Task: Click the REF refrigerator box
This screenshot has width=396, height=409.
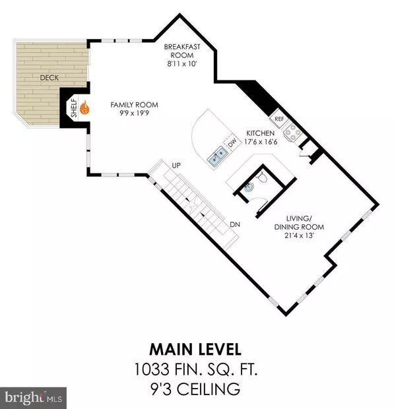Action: (x=279, y=121)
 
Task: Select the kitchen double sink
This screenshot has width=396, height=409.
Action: (x=218, y=157)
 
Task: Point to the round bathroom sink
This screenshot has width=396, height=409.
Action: (x=247, y=187)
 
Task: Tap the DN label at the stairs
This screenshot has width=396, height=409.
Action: (x=234, y=224)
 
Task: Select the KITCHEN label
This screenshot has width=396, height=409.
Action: (x=259, y=132)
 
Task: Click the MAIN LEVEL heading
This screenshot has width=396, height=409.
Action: (x=197, y=346)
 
